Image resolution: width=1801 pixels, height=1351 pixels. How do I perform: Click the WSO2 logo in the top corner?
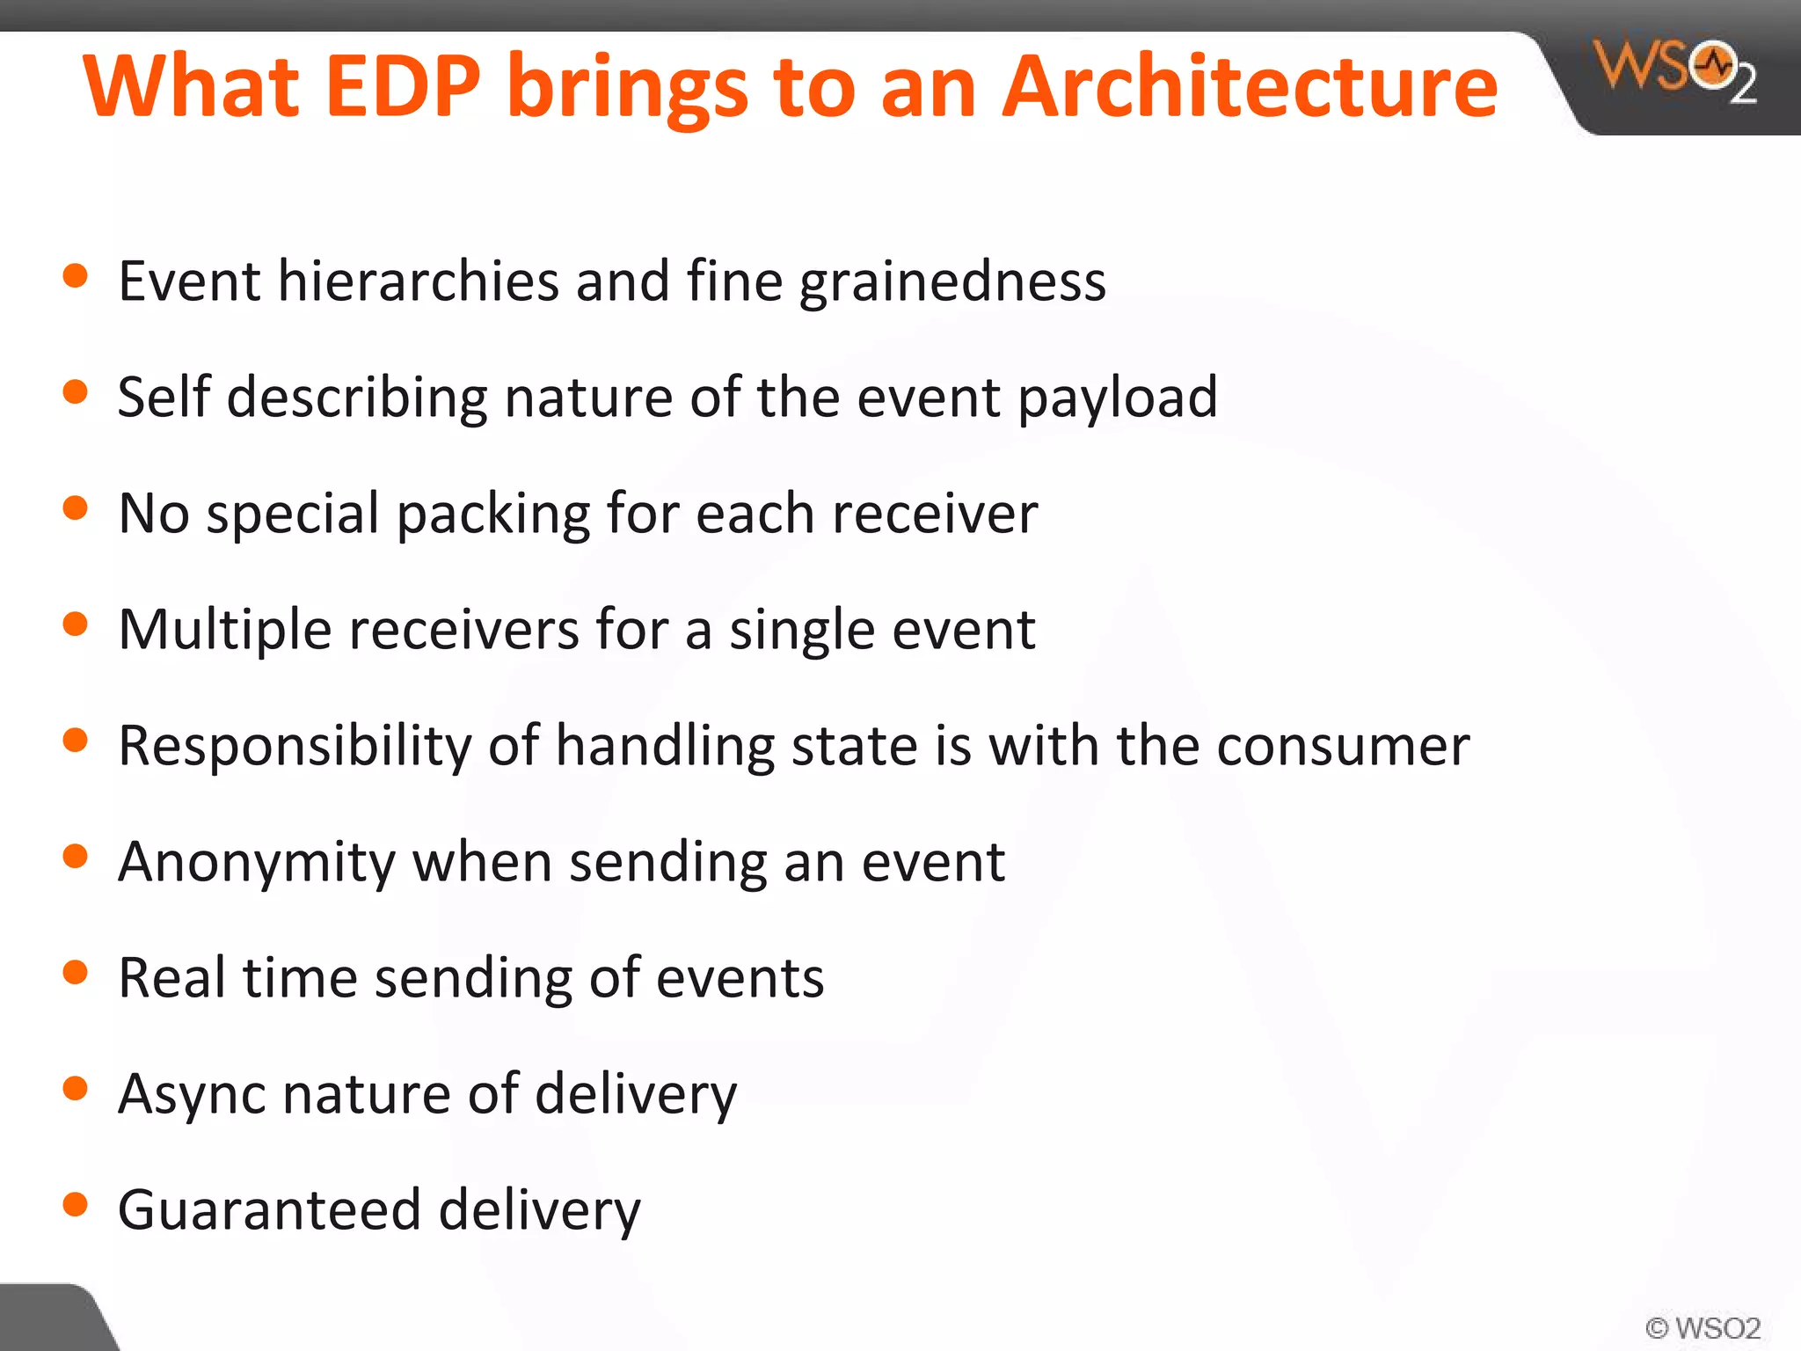[1674, 70]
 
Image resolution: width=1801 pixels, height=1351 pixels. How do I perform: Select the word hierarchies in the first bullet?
[418, 281]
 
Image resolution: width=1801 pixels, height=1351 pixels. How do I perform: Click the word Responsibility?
[295, 747]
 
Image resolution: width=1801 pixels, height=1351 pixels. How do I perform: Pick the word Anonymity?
[257, 863]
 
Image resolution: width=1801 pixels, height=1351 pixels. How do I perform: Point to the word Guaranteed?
[269, 1209]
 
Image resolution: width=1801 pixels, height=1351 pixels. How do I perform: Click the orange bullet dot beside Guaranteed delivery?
[76, 1204]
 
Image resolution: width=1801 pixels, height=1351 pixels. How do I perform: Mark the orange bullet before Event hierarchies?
[76, 276]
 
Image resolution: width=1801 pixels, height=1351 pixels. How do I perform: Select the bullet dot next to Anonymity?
[76, 856]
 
